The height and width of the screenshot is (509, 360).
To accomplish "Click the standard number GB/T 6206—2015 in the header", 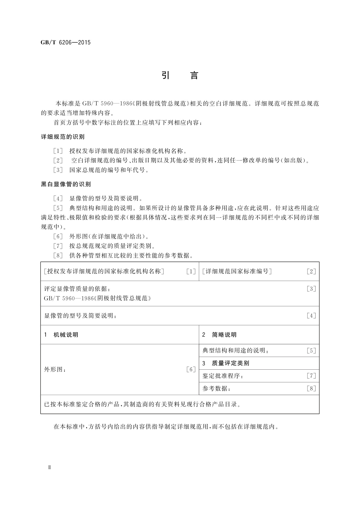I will (66, 42).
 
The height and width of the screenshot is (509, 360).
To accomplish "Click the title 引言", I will (180, 75).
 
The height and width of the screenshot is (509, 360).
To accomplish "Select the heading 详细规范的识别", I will (63, 137).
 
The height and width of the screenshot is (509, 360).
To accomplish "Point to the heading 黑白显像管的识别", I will (66, 184).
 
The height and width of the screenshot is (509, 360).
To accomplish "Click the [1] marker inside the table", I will (191, 271).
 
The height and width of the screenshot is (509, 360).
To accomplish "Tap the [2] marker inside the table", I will (311, 271).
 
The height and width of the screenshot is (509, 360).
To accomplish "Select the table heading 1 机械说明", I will (61, 335).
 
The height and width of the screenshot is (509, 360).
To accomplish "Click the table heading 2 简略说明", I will (219, 335).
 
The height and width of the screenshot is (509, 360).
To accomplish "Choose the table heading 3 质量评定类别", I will (225, 363).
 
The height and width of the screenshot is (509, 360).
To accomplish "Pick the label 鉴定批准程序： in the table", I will (223, 376).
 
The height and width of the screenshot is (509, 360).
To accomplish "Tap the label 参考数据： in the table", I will (216, 389).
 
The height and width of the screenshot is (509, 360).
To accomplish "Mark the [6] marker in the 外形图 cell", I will (191, 369).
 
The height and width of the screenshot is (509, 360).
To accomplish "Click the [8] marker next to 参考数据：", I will (311, 389).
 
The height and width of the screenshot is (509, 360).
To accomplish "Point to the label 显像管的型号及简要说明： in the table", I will (80, 316).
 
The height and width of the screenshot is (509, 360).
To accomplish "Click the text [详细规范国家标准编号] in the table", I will (237, 271).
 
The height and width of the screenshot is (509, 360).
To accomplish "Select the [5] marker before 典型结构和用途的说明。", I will (58, 208).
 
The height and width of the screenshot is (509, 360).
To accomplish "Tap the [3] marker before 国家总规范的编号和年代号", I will (58, 170).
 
